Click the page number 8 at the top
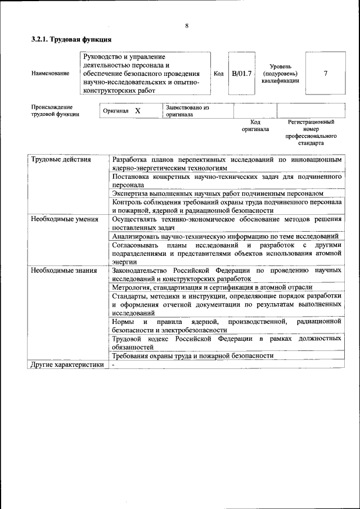pos(186,25)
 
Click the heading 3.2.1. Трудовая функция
pos(71,40)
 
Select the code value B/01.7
pos(242,73)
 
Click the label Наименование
pos(51,73)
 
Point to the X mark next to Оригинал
pos(137,111)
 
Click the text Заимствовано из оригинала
pos(187,111)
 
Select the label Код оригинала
pos(255,125)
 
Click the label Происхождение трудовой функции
pos(55,110)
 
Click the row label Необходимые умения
pos(65,219)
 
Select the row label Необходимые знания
pos(64,271)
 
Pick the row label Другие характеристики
pos(67,365)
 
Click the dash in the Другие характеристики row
pos(113,365)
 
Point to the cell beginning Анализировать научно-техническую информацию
pos(225,237)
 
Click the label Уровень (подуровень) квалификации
pos(280,73)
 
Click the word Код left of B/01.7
pos(219,73)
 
